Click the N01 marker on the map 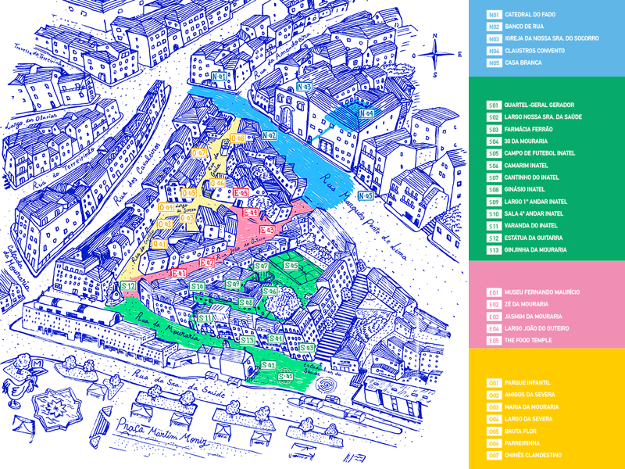tap(220, 77)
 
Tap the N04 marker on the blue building tap(366, 114)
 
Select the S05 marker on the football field tap(291, 266)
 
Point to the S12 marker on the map tap(129, 286)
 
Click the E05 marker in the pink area tap(240, 192)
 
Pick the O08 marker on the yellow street tap(238, 138)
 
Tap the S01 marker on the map tap(285, 377)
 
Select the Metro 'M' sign tap(37, 364)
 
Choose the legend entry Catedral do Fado tap(530, 15)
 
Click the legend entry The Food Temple tap(527, 340)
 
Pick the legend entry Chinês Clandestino tap(534, 455)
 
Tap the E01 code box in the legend tap(494, 292)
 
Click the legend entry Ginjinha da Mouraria tap(536, 250)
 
